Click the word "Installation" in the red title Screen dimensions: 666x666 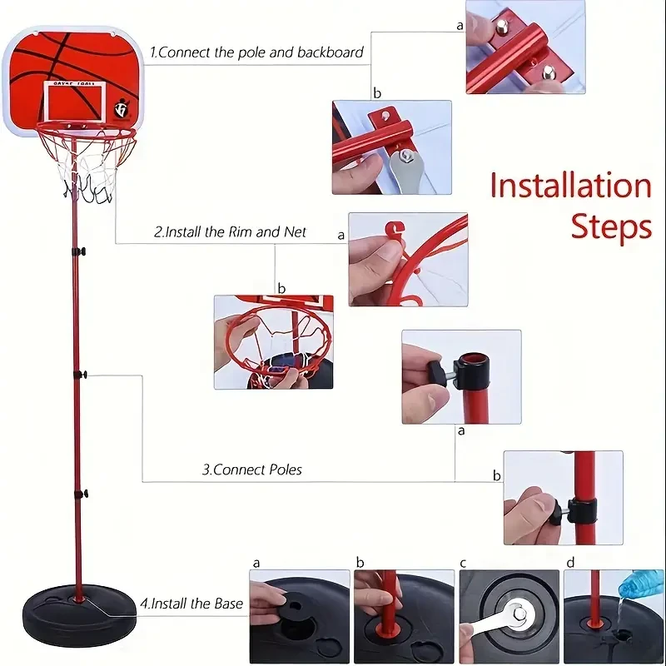pos(570,185)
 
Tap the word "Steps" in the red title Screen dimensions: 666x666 pos(610,226)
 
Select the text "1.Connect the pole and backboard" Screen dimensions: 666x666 pos(256,52)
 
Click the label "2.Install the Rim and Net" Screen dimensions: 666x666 pos(231,232)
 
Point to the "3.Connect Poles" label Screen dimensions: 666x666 pos(252,470)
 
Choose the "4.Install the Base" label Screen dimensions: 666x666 pos(191,603)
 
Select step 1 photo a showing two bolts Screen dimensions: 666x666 pos(524,47)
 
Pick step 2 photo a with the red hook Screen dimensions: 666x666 pos(408,259)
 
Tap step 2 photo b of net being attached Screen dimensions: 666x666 pos(273,341)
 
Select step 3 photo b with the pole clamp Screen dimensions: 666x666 pos(563,498)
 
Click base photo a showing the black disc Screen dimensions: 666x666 pos(300,616)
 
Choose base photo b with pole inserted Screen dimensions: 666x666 pos(404,616)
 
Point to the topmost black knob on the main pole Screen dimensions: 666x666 pos(81,251)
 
